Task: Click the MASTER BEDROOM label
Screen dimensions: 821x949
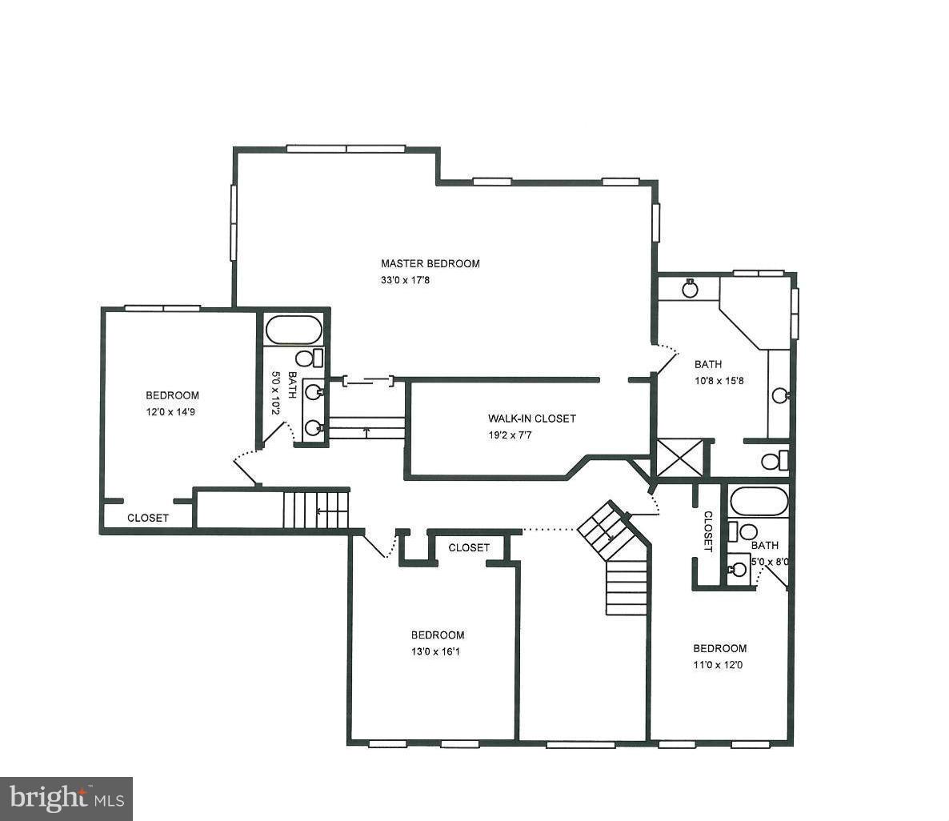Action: tap(430, 263)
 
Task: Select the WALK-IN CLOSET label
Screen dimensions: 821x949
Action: tap(531, 419)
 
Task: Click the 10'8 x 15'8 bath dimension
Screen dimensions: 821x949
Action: tap(719, 382)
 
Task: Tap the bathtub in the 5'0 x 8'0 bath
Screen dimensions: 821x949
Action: tap(759, 502)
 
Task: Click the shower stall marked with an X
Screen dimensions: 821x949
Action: tap(679, 458)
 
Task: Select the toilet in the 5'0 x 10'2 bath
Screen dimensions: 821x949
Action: tap(307, 358)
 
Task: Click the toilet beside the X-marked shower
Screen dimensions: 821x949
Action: tap(773, 461)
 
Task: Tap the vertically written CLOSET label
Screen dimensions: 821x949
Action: tap(707, 531)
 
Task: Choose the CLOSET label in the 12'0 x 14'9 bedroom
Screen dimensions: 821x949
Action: tap(148, 518)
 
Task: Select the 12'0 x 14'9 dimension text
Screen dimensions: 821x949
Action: tap(172, 413)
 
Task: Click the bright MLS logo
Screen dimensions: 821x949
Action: tap(66, 799)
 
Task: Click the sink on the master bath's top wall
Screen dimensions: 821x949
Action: tap(690, 288)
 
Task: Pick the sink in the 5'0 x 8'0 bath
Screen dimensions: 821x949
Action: tap(739, 570)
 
